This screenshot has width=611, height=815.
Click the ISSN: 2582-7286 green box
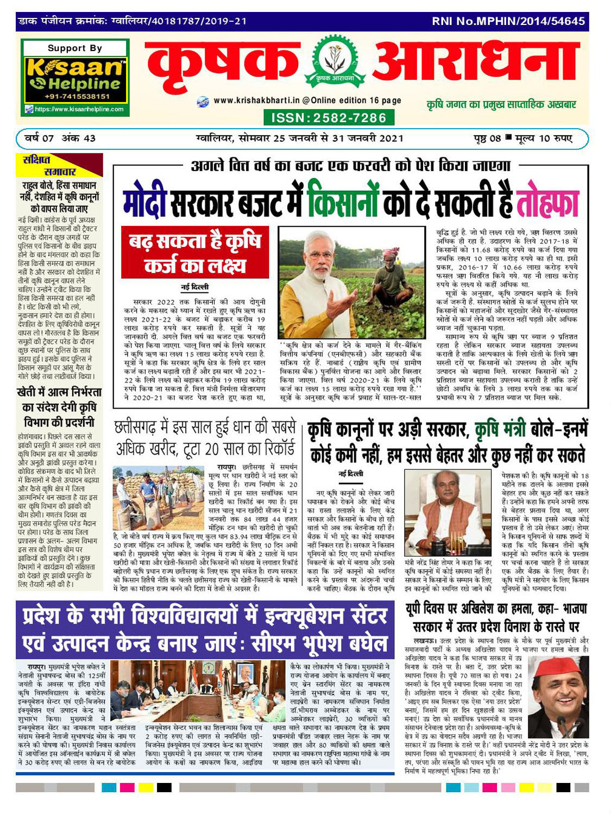tap(325, 117)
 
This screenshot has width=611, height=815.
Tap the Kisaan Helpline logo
tap(75, 76)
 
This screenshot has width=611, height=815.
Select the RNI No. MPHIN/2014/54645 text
tap(508, 22)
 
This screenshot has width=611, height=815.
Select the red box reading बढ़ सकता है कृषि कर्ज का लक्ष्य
tap(194, 253)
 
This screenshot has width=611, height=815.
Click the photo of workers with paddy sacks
tap(156, 492)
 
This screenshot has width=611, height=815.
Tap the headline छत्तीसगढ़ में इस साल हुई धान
tap(205, 437)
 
